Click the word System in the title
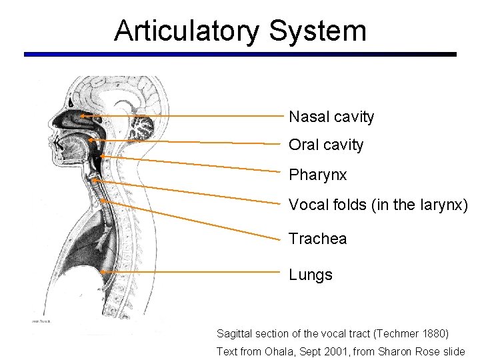pos(318,31)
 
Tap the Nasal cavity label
pos(331,117)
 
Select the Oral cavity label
pos(326,145)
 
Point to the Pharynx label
pos(317,175)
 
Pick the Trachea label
pos(317,239)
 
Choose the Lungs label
pos(310,275)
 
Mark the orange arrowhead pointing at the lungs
pos(103,272)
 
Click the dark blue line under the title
pos(240,54)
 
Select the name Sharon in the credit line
pos(401,351)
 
